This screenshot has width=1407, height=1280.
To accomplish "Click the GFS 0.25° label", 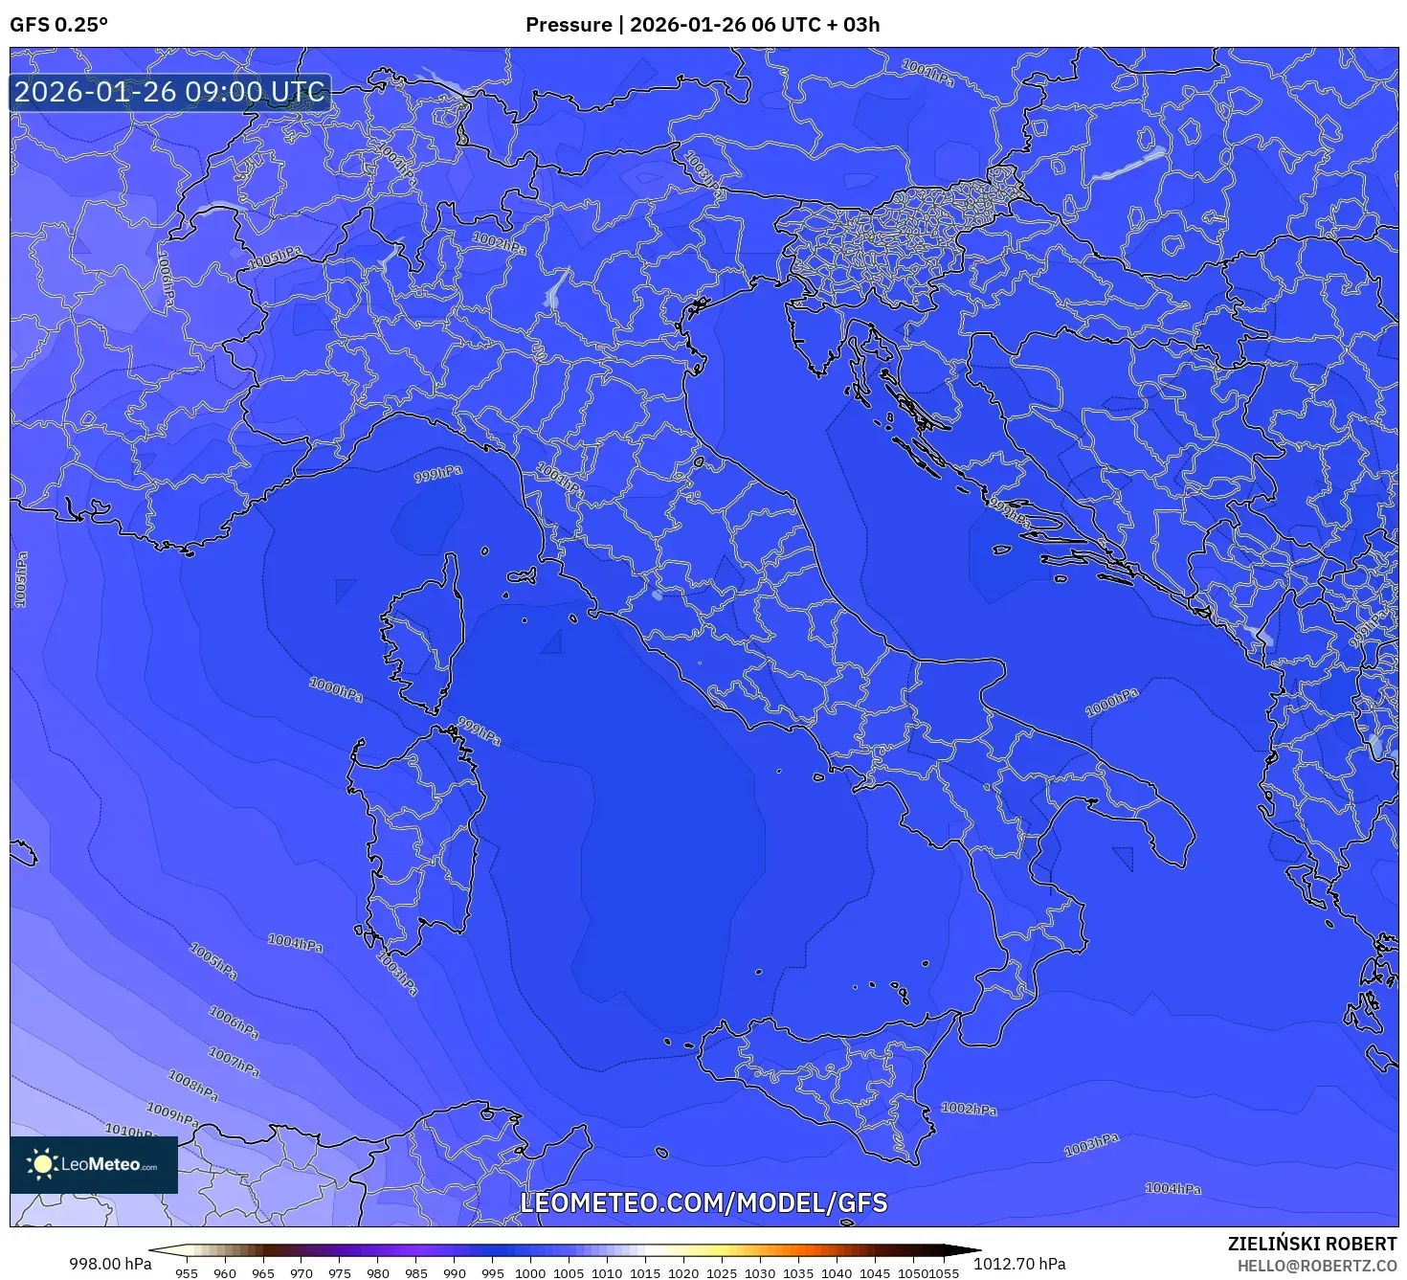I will (58, 25).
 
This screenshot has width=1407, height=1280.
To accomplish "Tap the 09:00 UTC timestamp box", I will (169, 92).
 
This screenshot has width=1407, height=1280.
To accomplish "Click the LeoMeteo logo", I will (94, 1164).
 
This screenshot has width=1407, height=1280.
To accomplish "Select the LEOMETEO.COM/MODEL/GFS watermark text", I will (703, 1202).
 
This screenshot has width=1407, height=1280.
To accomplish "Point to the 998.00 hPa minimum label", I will (110, 1264).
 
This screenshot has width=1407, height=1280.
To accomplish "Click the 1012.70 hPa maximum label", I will (1019, 1264).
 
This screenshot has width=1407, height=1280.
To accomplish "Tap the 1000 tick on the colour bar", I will (530, 1273).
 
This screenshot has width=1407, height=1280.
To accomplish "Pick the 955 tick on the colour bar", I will (187, 1273).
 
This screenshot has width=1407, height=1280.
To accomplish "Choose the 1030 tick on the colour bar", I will (760, 1273).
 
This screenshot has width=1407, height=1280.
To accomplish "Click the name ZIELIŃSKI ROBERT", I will (1312, 1244).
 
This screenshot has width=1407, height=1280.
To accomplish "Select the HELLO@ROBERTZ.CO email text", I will (1317, 1266).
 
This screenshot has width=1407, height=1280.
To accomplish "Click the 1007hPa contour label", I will (234, 1061).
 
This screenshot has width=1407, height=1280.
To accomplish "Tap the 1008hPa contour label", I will (193, 1086).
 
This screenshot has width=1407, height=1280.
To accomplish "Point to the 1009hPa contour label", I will (172, 1113).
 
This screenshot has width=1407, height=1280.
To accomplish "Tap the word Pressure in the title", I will (569, 25).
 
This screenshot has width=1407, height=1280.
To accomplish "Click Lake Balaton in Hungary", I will (1129, 165).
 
